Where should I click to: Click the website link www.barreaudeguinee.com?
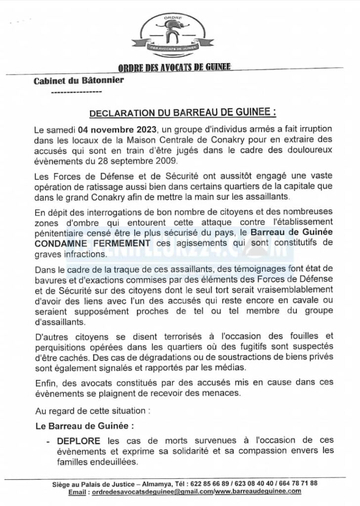pos(258,492)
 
